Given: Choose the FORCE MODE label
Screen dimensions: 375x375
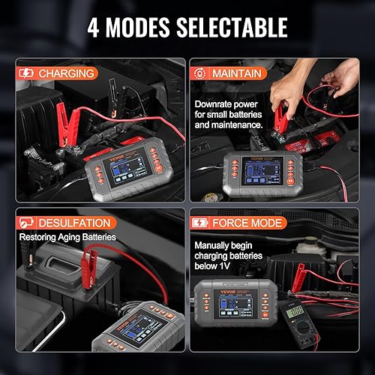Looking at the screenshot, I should pyautogui.click(x=249, y=223).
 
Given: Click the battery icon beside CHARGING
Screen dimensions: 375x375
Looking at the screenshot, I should pyautogui.click(x=25, y=73).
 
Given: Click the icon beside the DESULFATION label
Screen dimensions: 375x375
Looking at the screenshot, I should pyautogui.click(x=25, y=223).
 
